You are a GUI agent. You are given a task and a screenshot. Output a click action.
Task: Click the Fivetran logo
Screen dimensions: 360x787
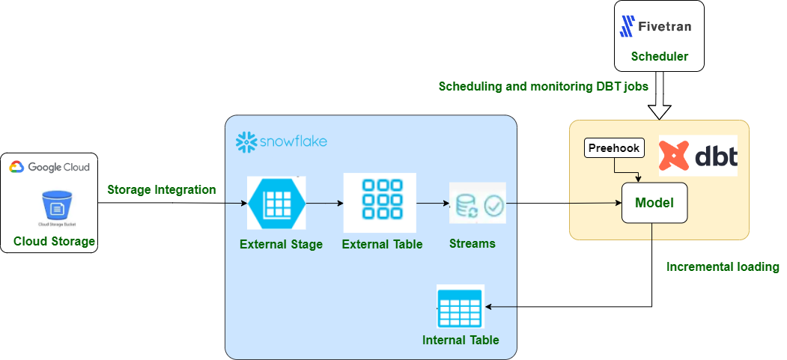[x=655, y=28]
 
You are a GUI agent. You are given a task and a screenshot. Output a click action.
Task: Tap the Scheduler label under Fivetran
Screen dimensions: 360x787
[x=659, y=56]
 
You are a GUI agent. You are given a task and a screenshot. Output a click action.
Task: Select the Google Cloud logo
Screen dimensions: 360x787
[x=49, y=167]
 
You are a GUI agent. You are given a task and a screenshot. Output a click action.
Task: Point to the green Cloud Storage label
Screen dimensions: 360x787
[x=54, y=241]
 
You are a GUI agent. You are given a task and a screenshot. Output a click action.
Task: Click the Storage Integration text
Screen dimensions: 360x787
[x=162, y=189]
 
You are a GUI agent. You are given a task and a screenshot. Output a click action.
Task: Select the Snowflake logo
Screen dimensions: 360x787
[x=282, y=141]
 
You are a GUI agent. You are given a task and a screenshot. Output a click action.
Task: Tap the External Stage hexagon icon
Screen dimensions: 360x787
[x=276, y=203]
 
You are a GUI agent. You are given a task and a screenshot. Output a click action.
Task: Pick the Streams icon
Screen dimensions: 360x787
[x=477, y=204]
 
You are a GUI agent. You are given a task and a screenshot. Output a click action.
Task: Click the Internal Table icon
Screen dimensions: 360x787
[x=460, y=307]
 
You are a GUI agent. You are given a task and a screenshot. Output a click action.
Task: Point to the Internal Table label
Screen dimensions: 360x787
[x=461, y=340]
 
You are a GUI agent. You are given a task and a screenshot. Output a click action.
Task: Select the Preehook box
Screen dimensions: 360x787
[x=613, y=148]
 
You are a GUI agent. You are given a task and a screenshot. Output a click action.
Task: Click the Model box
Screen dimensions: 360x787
[x=654, y=203]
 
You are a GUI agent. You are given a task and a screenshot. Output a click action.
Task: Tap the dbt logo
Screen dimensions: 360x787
[x=698, y=156]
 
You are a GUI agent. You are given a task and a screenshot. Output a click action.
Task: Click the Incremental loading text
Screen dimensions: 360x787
[x=722, y=266]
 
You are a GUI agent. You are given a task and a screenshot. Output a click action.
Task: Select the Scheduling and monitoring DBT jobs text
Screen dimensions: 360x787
[x=543, y=87]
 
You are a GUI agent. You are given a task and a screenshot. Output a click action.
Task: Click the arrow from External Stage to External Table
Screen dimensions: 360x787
[x=323, y=203]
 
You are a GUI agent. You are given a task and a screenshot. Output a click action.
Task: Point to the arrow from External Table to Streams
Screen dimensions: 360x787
[x=432, y=203]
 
